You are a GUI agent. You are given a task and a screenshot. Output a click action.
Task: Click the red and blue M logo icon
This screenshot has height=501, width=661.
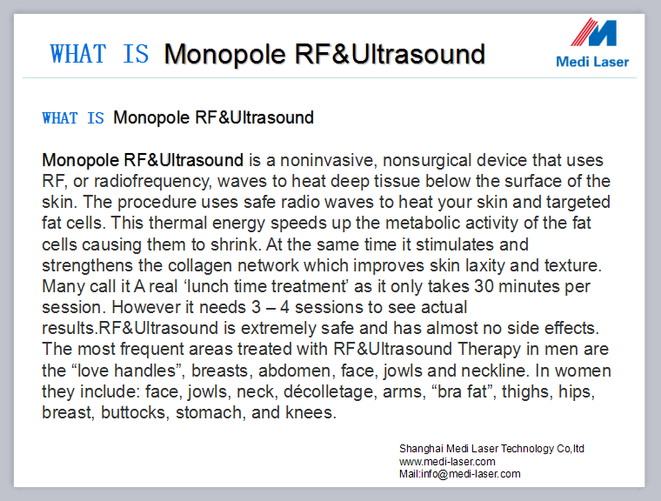[593, 32]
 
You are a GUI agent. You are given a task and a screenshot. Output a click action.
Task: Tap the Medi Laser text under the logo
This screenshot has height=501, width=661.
[592, 62]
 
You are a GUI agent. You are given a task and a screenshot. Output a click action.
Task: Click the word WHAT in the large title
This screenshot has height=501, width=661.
[78, 54]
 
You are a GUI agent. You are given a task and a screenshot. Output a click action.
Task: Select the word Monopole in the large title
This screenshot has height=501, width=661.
[224, 55]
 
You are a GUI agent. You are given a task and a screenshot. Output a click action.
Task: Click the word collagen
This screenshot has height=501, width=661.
[200, 266]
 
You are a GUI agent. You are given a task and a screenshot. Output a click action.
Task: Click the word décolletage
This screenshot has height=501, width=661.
[329, 391]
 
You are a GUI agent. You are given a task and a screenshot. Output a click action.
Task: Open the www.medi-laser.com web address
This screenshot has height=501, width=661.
[447, 462]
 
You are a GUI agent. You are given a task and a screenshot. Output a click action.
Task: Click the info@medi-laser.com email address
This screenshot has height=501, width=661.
[471, 474]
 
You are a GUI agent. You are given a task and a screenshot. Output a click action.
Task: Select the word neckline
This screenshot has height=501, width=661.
[494, 371]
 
